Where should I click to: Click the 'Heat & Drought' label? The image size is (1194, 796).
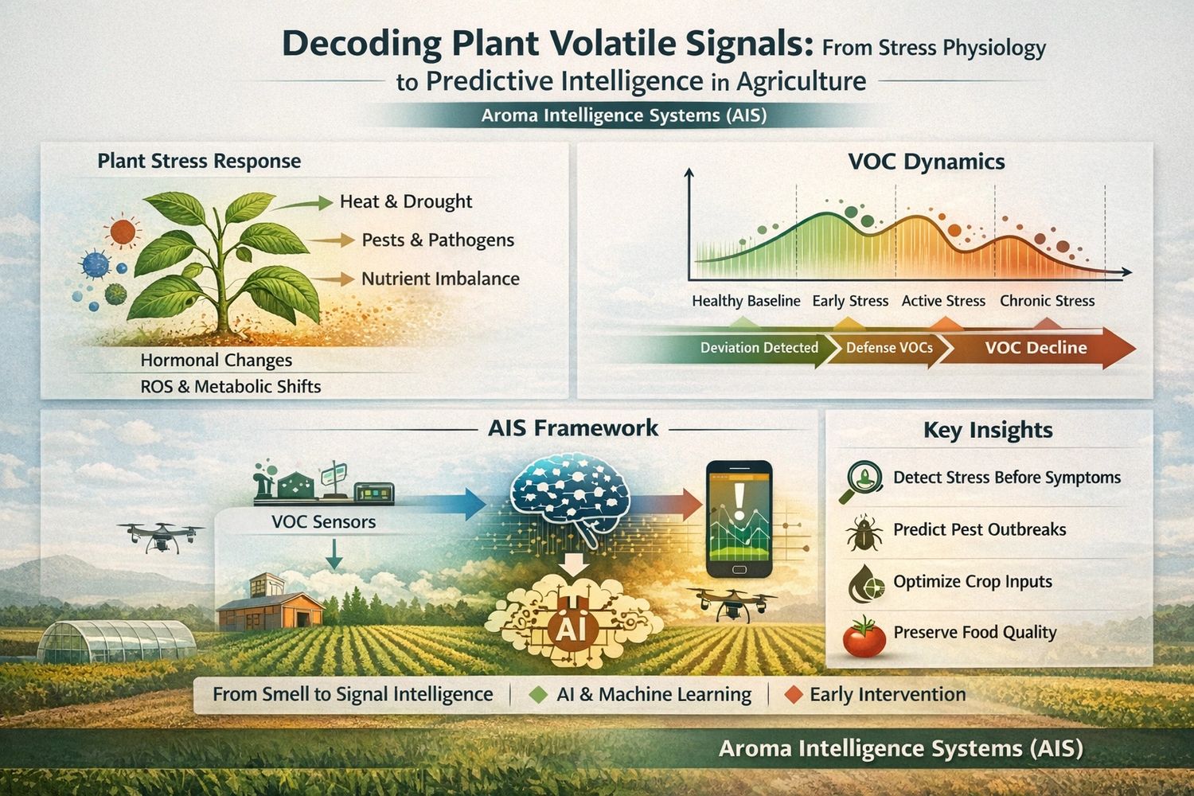pos(405,202)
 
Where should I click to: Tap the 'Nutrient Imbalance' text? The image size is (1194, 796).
pos(439,279)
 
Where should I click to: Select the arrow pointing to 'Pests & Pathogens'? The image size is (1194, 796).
pos(333,240)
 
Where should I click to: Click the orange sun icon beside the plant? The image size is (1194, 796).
pos(123,232)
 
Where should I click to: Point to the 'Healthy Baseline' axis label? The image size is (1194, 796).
pos(745,301)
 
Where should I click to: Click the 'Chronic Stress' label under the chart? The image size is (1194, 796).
pos(1047,301)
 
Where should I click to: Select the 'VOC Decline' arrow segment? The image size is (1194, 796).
pos(1035,348)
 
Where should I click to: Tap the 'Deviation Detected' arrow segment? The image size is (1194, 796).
pos(759,348)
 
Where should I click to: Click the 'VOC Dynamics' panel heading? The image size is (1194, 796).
pos(926,162)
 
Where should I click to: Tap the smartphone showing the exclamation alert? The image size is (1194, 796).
pos(739,519)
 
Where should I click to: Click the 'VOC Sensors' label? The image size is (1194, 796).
pos(323,522)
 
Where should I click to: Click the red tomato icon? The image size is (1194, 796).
pos(864,637)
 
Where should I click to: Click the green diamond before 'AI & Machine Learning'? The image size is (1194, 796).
pos(538,695)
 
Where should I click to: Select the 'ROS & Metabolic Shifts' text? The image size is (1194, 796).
pos(230,387)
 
